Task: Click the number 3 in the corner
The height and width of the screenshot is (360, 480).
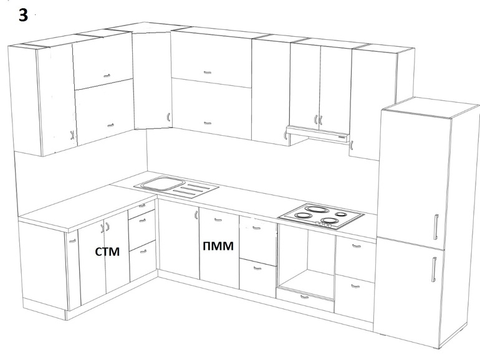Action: [23, 16]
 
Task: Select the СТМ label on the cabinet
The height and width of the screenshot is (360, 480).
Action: [107, 252]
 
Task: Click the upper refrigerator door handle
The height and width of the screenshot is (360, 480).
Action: [436, 225]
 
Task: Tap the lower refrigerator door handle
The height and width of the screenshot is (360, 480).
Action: [433, 268]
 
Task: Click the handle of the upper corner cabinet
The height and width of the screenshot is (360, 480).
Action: [168, 115]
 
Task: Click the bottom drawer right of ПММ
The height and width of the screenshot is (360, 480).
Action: [257, 274]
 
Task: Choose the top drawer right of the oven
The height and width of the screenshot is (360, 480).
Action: [355, 250]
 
